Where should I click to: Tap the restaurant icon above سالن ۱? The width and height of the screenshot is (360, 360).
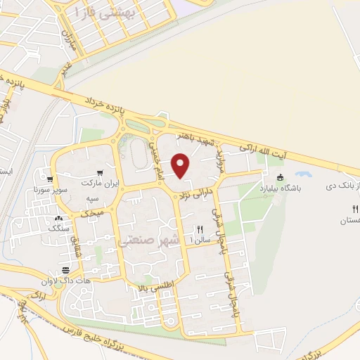pyautogui.click(x=200, y=229)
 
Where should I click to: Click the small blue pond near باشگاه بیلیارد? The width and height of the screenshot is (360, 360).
pyautogui.click(x=304, y=174)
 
